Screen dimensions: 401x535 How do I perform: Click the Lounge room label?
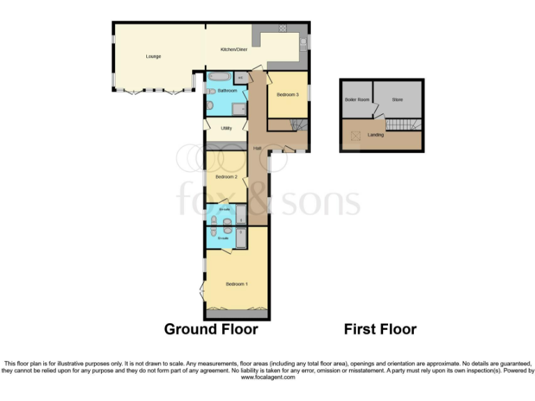click(154, 56)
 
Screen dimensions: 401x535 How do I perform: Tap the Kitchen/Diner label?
click(233, 49)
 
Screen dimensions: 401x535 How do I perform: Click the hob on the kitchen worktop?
click(284, 29)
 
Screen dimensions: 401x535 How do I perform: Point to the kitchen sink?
click(303, 44)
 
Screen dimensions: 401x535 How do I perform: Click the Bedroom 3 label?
click(288, 94)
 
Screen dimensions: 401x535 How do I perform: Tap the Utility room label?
click(226, 128)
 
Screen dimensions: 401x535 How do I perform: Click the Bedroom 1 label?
click(237, 284)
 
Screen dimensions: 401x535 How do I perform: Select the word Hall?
click(257, 148)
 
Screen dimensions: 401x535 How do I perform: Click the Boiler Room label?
click(355, 100)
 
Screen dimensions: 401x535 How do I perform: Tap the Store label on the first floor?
click(397, 100)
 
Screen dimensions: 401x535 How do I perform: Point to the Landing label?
click(375, 134)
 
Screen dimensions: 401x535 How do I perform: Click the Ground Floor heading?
click(211, 329)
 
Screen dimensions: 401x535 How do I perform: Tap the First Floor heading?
click(380, 329)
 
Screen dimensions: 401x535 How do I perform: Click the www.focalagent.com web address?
click(267, 377)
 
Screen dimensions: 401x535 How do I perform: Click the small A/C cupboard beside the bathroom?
click(239, 77)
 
